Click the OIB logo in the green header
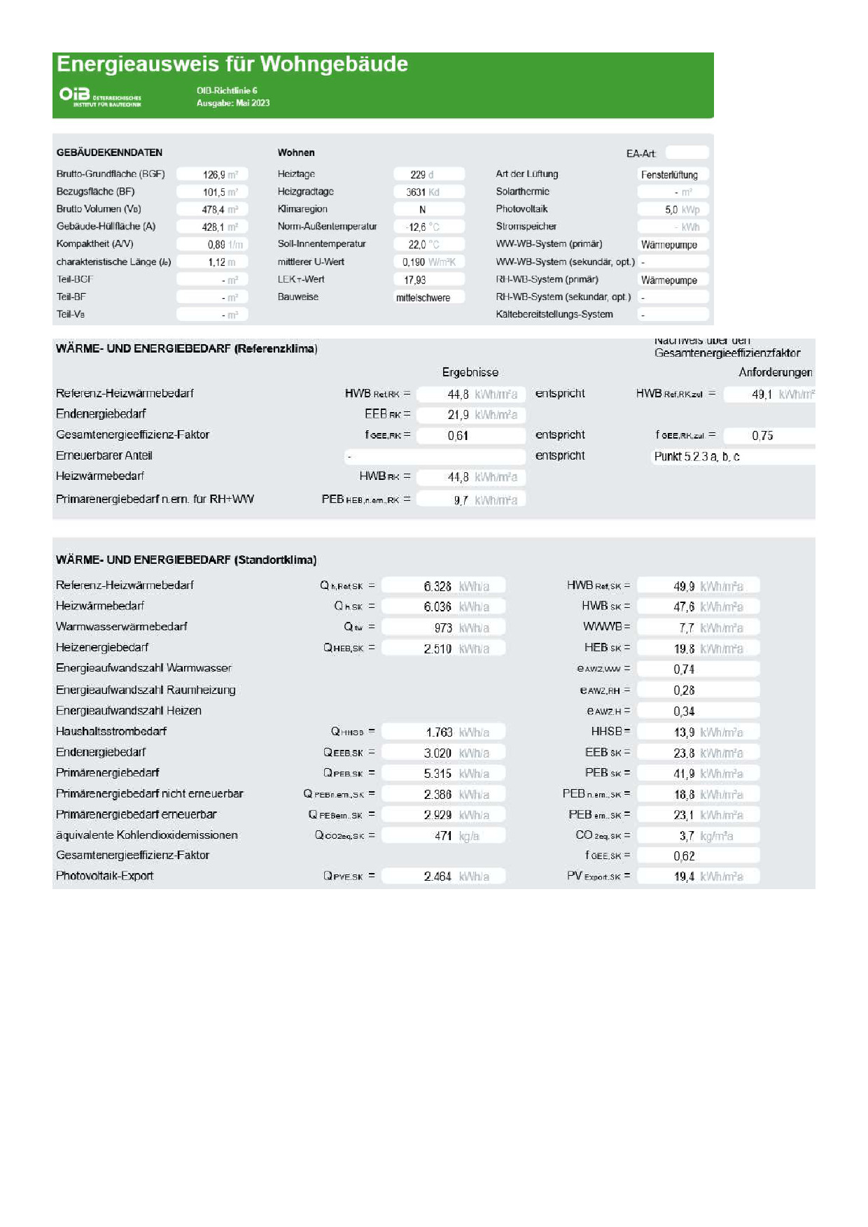coord(100,97)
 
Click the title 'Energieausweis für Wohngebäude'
coord(232,64)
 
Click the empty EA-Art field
coord(687,153)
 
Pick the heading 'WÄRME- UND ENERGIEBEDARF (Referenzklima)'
coord(187,348)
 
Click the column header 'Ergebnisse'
coord(470,372)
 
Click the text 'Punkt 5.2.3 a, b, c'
coord(697,456)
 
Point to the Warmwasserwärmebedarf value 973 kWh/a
coord(444,628)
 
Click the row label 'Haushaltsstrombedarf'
coord(111,731)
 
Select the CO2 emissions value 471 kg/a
coord(444,836)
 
